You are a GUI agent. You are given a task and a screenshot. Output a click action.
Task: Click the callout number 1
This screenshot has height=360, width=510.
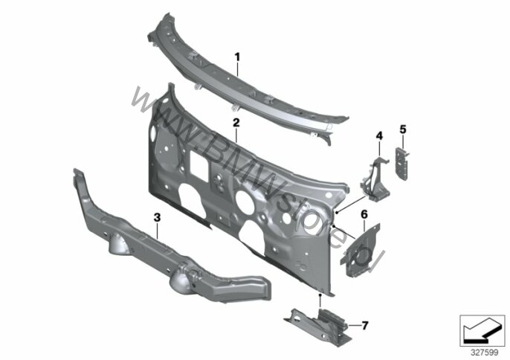pyautogui.click(x=237, y=57)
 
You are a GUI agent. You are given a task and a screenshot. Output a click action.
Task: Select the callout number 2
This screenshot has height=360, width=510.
pyautogui.click(x=236, y=123)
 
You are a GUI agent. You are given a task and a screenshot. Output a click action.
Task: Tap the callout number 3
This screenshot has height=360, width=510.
pyautogui.click(x=158, y=217)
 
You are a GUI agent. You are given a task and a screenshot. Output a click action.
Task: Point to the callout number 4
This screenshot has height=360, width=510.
pyautogui.click(x=379, y=136)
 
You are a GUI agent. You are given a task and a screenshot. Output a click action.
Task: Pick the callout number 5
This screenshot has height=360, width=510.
pyautogui.click(x=403, y=129)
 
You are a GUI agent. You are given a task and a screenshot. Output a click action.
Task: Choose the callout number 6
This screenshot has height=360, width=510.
pyautogui.click(x=364, y=214)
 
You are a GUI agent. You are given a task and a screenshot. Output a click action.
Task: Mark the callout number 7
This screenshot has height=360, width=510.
pyautogui.click(x=365, y=325)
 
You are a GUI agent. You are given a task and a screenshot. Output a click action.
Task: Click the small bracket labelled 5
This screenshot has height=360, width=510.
pyautogui.click(x=402, y=163)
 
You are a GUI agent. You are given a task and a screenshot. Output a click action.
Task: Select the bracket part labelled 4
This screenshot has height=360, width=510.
pyautogui.click(x=375, y=179)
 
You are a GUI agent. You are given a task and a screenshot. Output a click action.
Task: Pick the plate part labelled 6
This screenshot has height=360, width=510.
pyautogui.click(x=361, y=250)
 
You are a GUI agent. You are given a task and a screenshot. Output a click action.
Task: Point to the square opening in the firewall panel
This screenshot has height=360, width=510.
pyautogui.click(x=199, y=166)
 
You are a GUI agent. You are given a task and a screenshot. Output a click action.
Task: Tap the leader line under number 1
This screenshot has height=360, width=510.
pyautogui.click(x=237, y=69)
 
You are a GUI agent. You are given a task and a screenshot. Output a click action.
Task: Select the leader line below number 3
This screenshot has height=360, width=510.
pyautogui.click(x=158, y=231)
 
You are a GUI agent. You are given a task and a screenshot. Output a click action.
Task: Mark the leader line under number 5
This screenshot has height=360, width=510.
pyautogui.click(x=403, y=141)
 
